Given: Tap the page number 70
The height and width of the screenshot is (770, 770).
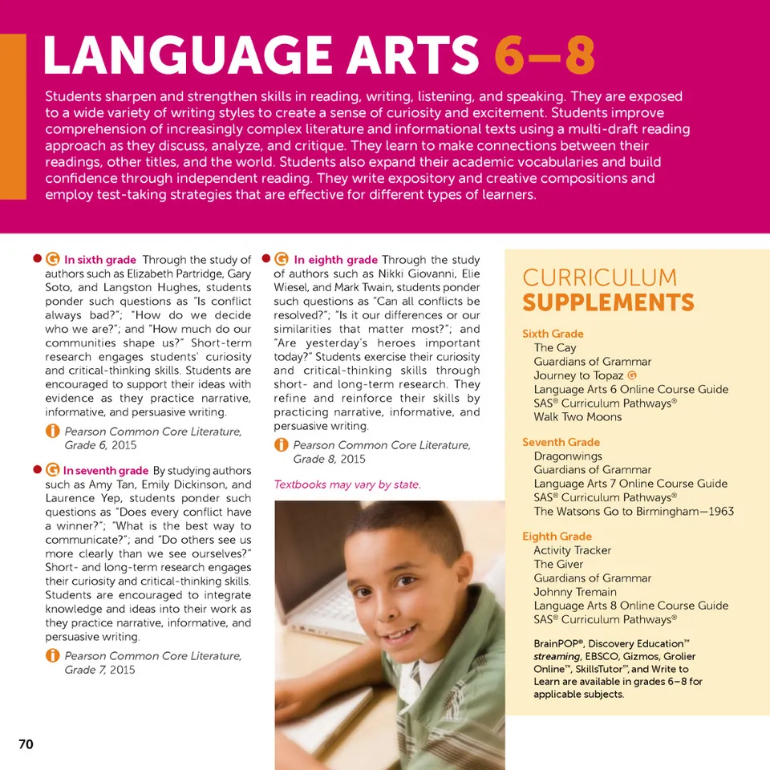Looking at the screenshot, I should pyautogui.click(x=26, y=744).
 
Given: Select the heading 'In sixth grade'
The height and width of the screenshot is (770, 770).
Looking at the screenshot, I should pyautogui.click(x=99, y=260).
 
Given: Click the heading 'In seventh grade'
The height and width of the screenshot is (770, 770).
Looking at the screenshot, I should pyautogui.click(x=105, y=471).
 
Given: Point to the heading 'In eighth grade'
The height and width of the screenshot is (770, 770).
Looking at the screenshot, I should pyautogui.click(x=335, y=260).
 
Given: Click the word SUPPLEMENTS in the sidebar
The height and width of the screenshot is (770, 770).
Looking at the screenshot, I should pyautogui.click(x=608, y=303).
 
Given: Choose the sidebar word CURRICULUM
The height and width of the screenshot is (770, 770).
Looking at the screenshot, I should pyautogui.click(x=599, y=278).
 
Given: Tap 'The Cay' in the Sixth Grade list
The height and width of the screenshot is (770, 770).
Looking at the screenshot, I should pyautogui.click(x=555, y=348).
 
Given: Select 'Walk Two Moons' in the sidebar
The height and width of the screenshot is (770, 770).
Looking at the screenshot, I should pyautogui.click(x=577, y=417).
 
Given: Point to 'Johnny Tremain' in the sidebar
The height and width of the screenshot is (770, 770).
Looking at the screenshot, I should pyautogui.click(x=575, y=592).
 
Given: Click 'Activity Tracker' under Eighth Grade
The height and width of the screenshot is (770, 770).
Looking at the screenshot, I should pyautogui.click(x=572, y=550).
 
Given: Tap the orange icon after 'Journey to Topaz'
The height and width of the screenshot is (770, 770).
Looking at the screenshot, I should pyautogui.click(x=634, y=375).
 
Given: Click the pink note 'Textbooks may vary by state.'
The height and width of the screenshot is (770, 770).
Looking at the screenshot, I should pyautogui.click(x=347, y=484).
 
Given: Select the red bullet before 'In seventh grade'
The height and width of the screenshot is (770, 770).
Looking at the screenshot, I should pyautogui.click(x=37, y=470).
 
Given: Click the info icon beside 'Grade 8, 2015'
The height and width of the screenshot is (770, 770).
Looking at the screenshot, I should pyautogui.click(x=282, y=445).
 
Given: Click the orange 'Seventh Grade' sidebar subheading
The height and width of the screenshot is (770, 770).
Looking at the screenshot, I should pyautogui.click(x=561, y=442).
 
